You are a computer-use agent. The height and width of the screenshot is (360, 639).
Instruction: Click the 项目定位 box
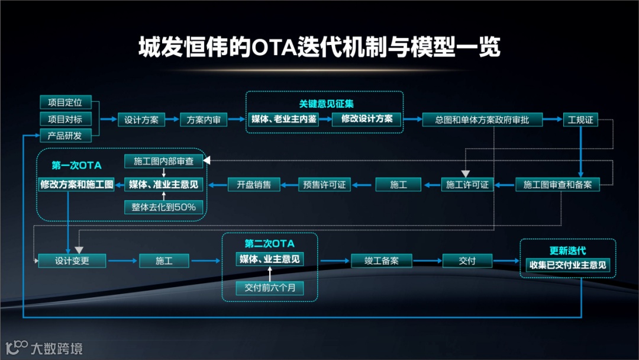(x=64, y=102)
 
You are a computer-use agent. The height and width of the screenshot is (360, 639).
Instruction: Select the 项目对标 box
(x=64, y=118)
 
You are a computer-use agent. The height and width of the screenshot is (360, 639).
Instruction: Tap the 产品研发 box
(x=64, y=135)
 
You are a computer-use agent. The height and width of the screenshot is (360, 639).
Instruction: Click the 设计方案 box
(x=141, y=120)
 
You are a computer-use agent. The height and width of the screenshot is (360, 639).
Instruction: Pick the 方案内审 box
(x=203, y=120)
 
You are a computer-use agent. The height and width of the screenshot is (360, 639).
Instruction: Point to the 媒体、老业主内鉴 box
(x=284, y=119)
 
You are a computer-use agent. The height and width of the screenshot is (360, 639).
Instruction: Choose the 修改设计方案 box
(x=367, y=119)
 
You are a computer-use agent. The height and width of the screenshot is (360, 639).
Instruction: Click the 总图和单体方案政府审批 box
(x=482, y=120)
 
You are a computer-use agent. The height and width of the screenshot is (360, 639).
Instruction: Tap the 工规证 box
(x=580, y=120)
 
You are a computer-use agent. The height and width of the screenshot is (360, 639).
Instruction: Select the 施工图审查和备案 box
(x=558, y=185)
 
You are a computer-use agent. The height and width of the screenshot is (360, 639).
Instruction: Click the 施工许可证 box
(x=467, y=185)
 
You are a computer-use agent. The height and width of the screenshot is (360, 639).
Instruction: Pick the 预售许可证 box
(x=324, y=185)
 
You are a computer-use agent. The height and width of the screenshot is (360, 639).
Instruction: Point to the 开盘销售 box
(x=254, y=185)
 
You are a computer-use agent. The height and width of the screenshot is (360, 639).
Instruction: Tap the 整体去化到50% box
(x=164, y=207)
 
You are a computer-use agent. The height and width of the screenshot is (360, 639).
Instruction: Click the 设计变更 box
(x=72, y=260)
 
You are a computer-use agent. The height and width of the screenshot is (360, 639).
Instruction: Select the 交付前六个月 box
(x=270, y=288)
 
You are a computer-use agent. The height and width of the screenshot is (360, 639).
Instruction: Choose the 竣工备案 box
(x=382, y=261)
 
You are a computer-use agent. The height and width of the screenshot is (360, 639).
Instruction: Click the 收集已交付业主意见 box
(x=567, y=265)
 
